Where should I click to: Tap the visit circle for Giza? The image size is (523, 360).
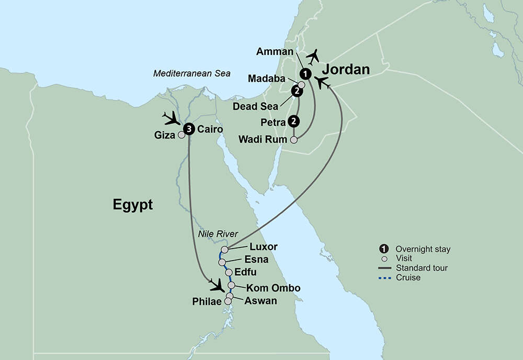[x=181, y=134]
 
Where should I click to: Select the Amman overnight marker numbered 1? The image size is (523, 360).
[x=305, y=74]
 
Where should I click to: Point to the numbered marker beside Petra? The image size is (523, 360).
[x=294, y=122]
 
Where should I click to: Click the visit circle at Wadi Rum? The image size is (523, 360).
[x=294, y=140]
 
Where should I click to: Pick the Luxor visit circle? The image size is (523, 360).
[x=224, y=250]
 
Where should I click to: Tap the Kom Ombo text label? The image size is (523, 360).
[x=273, y=288]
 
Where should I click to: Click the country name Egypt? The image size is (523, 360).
[x=133, y=205]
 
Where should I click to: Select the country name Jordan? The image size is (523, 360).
[x=346, y=70]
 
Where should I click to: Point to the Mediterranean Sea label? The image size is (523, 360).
[x=191, y=74]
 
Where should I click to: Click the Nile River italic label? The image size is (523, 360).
[x=218, y=234]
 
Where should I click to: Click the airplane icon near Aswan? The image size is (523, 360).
[x=217, y=286]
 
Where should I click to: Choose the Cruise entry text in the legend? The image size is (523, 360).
[x=408, y=277]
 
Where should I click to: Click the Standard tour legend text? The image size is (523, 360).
[x=422, y=268]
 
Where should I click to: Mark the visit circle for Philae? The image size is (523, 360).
[x=228, y=301]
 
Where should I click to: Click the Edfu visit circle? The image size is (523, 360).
[x=229, y=272]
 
